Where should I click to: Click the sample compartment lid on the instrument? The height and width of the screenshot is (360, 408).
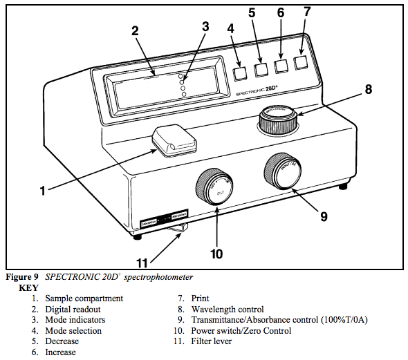pyautogui.click(x=174, y=141)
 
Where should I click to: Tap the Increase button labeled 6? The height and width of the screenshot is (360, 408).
pyautogui.click(x=281, y=66)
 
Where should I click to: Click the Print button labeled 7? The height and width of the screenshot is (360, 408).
pyautogui.click(x=301, y=62)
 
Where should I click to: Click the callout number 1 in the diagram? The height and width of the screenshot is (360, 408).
pyautogui.click(x=42, y=190)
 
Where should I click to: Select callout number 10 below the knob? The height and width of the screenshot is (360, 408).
pyautogui.click(x=216, y=254)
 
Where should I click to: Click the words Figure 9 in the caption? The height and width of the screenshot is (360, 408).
pyautogui.click(x=23, y=276)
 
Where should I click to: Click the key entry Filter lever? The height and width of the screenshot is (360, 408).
pyautogui.click(x=218, y=341)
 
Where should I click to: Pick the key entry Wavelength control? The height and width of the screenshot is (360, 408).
pyautogui.click(x=228, y=310)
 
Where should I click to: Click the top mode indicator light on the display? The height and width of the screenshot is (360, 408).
pyautogui.click(x=182, y=74)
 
